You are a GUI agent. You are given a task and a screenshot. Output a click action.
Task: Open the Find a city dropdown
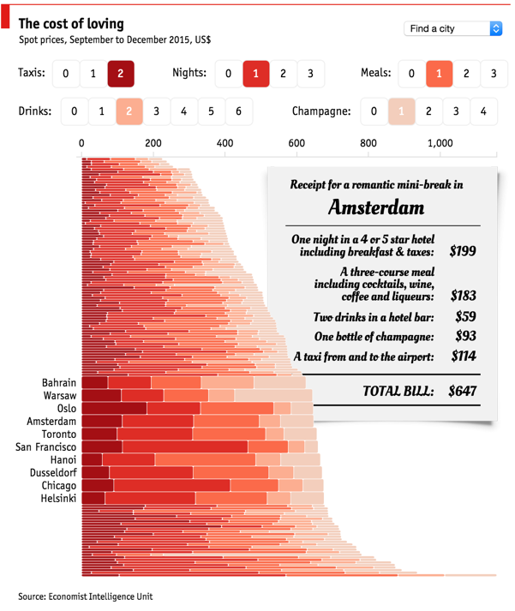coord(452,29)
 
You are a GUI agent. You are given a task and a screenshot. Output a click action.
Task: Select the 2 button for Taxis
coord(120,74)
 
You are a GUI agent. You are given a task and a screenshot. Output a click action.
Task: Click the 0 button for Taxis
coord(65,74)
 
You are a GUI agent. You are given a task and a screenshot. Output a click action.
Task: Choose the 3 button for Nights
coord(310,74)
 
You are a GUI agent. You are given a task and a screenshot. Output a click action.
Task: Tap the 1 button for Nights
coord(255,74)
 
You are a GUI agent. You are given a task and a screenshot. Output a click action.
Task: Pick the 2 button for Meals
coord(466,74)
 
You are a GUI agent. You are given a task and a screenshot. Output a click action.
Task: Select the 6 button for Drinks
coord(238,111)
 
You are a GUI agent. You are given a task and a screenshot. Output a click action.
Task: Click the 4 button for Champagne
coord(483,111)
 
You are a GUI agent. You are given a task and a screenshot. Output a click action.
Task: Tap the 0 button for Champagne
coord(374,111)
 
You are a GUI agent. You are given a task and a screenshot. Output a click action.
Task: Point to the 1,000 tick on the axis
coord(440,144)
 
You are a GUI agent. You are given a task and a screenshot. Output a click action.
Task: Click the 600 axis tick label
coord(296,144)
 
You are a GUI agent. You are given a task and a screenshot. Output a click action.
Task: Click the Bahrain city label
coord(59,383)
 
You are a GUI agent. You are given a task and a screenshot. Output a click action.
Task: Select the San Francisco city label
coord(46,447)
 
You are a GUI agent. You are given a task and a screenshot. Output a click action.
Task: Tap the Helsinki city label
coord(58,499)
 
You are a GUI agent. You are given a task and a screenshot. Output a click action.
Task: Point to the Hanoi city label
coord(62,460)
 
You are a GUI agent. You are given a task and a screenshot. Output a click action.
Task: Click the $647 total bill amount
coord(462,392)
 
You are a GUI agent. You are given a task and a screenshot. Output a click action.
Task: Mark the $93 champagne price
coord(464,336)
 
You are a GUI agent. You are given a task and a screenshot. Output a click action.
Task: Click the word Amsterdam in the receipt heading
coord(375,207)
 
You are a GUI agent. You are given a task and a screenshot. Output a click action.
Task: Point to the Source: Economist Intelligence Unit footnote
coord(86,596)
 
